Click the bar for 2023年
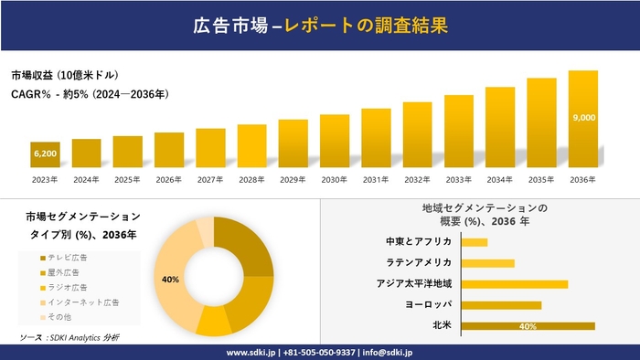(45, 156)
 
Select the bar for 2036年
(583, 120)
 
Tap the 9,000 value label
(583, 118)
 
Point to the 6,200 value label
(45, 154)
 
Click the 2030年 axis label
(335, 179)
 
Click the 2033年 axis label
(459, 179)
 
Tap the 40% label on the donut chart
(170, 279)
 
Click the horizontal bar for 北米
(528, 325)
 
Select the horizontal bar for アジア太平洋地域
(515, 284)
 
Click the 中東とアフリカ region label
(419, 242)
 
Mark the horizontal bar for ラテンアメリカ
(488, 263)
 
